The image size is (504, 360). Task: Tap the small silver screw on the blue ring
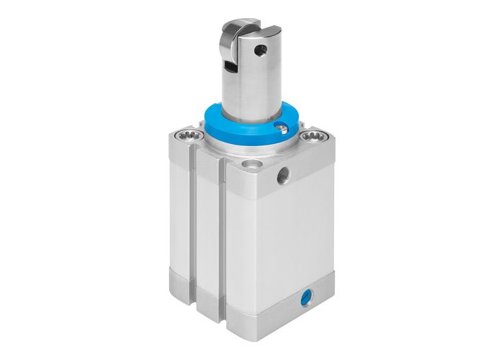click(283, 130)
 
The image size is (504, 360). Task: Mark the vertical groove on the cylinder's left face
click(193, 230)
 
